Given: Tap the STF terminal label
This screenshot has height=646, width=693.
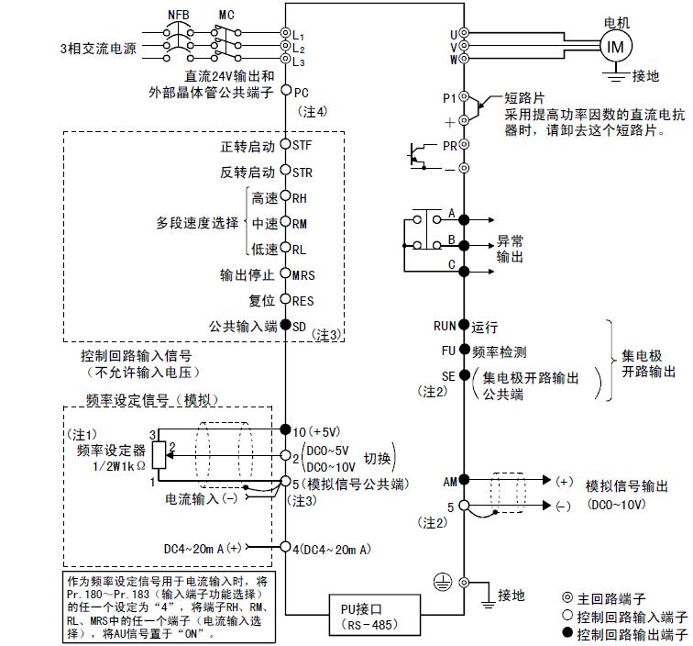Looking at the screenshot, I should point(302,146).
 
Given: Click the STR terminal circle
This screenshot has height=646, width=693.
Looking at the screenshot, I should point(285,172).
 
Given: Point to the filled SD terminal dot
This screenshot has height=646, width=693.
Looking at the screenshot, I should point(285,325).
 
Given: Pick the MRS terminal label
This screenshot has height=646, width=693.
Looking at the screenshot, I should point(303,274).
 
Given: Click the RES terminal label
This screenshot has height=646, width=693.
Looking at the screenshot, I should point(302,300).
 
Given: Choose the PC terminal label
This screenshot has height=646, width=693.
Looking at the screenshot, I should point(301,92).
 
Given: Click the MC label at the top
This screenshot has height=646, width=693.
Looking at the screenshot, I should point(227,15).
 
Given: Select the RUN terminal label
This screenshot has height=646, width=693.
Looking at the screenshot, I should point(445,326).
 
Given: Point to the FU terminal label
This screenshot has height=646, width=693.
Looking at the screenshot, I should point(447,351).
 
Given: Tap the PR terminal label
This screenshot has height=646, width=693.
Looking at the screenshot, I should point(449,146).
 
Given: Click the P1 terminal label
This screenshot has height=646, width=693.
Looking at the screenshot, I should point(449,97).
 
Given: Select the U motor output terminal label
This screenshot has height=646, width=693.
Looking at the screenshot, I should point(453,33).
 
